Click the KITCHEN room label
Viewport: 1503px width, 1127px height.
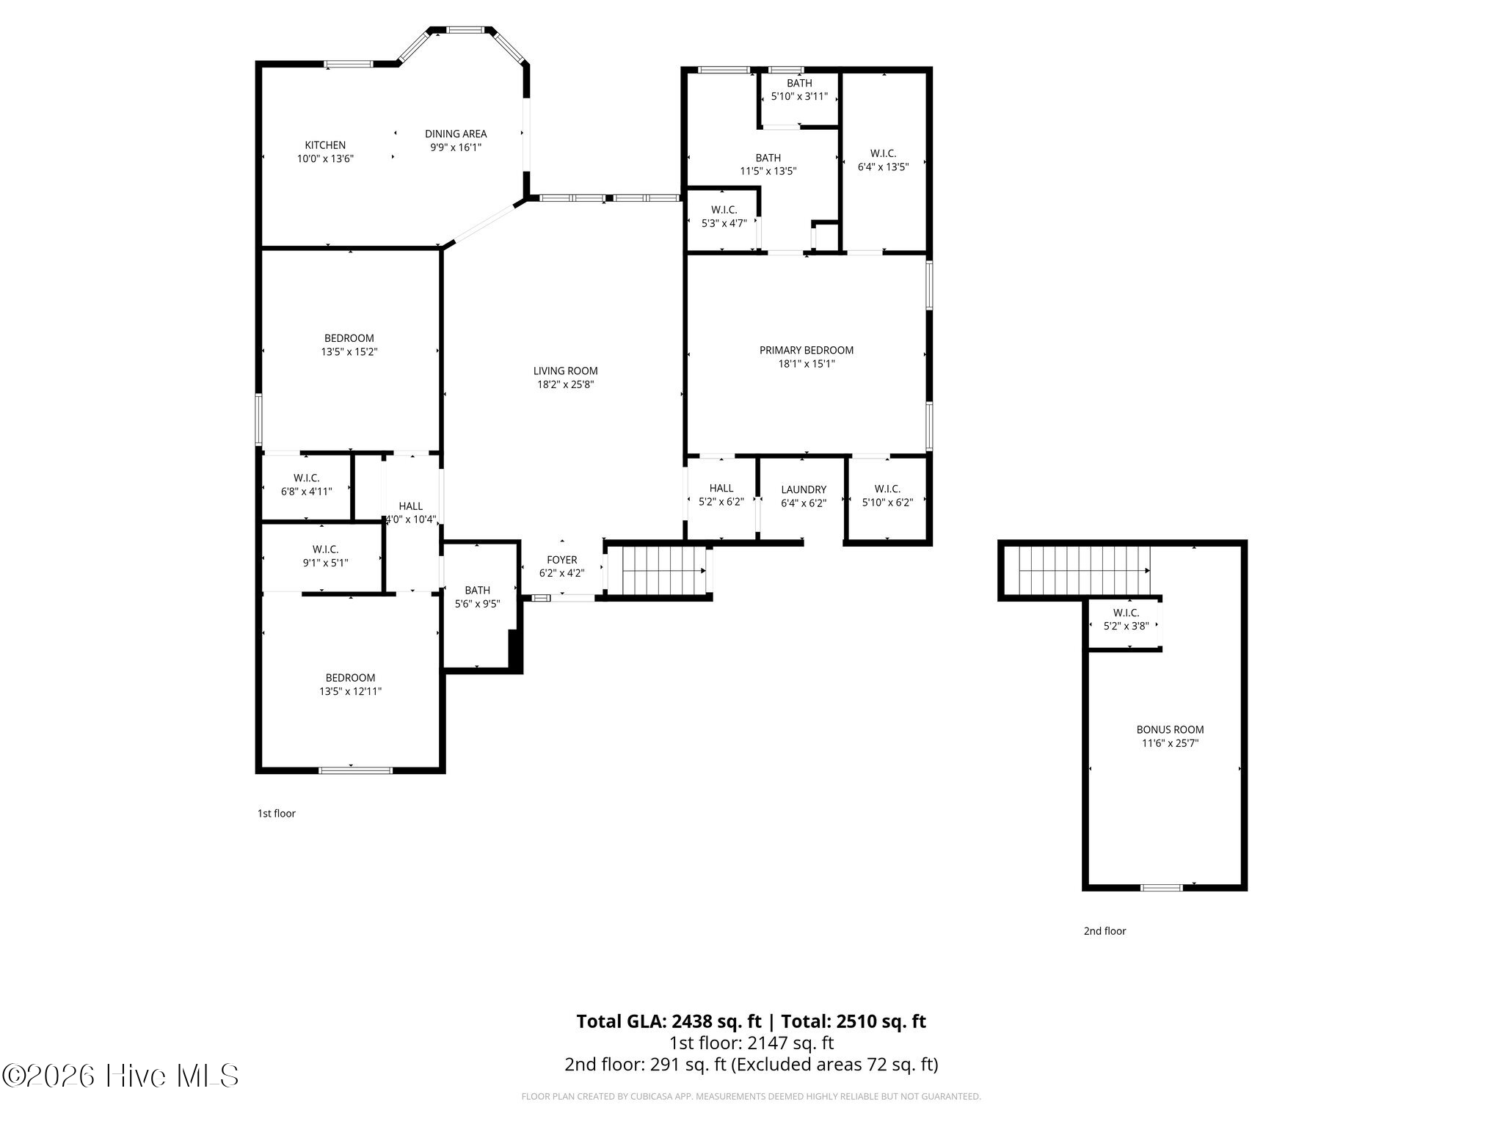tap(325, 145)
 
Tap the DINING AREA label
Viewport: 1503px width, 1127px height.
tap(456, 134)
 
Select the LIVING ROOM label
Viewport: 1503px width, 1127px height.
tap(565, 371)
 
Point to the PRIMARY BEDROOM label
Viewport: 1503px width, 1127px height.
tap(807, 350)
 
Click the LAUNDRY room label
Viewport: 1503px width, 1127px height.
tap(804, 489)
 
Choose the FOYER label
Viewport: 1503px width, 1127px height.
tap(562, 560)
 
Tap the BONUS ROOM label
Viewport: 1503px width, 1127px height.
tap(1170, 729)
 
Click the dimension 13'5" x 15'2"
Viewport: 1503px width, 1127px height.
tap(349, 351)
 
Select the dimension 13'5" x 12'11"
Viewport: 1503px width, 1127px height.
tap(350, 691)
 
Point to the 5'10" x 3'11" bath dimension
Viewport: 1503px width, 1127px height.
tap(799, 96)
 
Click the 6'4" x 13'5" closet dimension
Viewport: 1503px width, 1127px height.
tap(883, 167)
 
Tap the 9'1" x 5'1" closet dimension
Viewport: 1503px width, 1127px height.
tap(325, 563)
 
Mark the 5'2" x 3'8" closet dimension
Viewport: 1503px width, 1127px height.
tap(1126, 626)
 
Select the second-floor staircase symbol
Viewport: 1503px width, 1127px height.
tap(1083, 570)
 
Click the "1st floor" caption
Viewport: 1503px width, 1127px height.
tap(276, 813)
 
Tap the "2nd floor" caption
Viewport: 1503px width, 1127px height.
tap(1104, 931)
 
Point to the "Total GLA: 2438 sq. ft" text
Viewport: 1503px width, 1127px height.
tap(669, 1021)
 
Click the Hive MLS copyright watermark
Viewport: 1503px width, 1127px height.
tap(120, 1076)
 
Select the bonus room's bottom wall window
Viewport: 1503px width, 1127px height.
tap(1161, 888)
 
